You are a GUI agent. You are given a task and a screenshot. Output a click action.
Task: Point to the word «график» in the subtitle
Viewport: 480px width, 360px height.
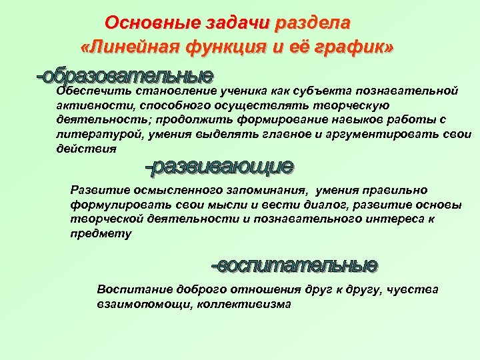tap(356, 48)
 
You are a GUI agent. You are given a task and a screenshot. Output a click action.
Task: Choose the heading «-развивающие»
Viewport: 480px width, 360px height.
tap(219, 166)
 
